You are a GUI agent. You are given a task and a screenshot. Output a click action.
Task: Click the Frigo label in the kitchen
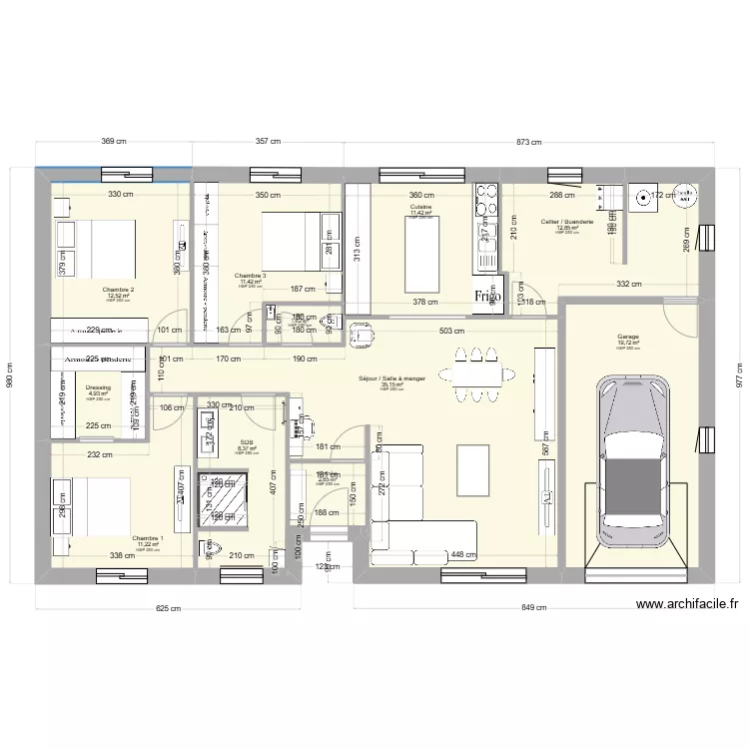[487, 297]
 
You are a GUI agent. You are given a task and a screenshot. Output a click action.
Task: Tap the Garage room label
[627, 338]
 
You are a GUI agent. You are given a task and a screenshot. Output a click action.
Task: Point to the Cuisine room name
[420, 207]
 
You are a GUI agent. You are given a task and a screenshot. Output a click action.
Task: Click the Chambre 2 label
[118, 290]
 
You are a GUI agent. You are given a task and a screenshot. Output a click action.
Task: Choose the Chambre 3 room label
[251, 276]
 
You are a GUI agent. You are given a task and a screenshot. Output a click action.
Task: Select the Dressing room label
[98, 386]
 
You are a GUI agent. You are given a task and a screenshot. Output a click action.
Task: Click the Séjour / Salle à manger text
[391, 378]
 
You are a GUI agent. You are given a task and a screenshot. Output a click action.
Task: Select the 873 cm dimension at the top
[530, 143]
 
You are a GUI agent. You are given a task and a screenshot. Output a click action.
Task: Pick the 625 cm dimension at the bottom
[168, 607]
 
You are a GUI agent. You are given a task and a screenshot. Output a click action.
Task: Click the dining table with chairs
[476, 374]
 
